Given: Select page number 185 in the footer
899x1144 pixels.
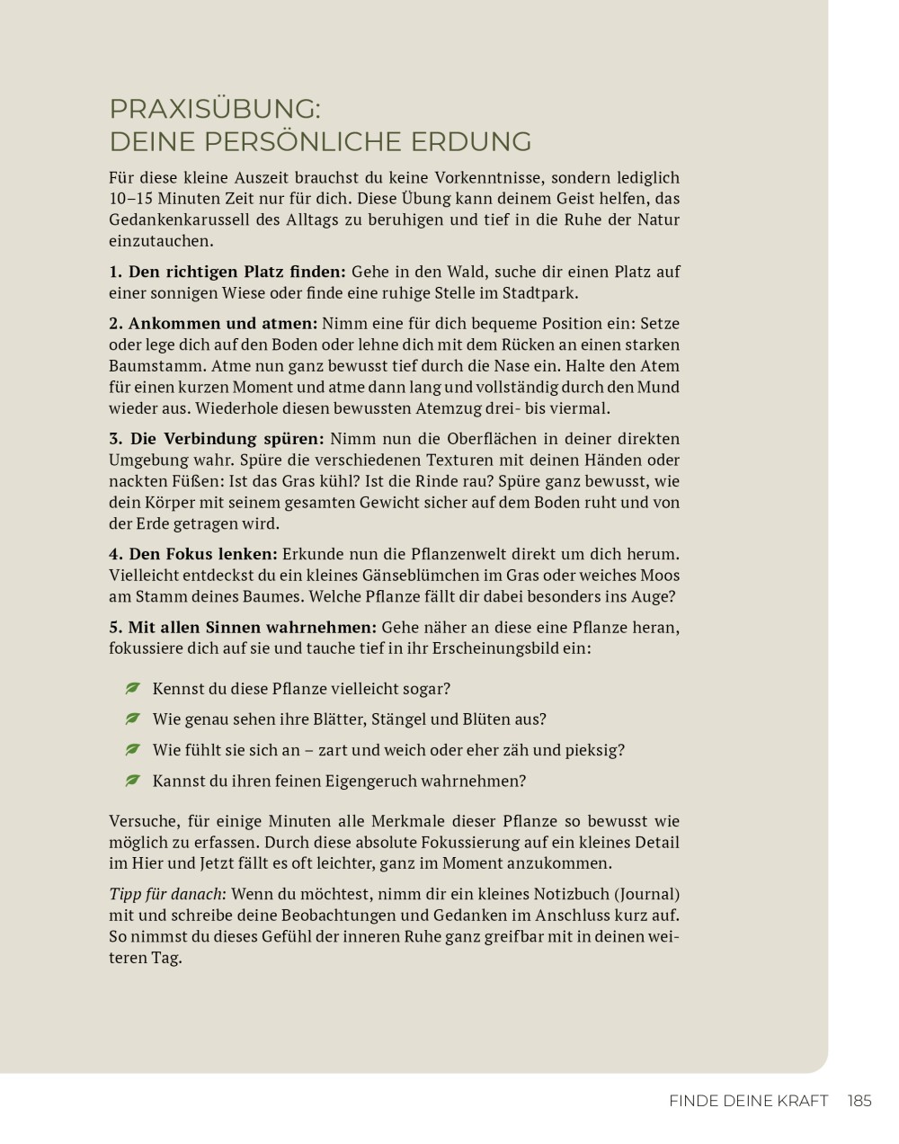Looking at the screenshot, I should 859,1101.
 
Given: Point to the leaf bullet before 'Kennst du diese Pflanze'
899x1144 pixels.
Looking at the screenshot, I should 133,688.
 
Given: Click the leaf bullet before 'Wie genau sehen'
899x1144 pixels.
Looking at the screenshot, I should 133,719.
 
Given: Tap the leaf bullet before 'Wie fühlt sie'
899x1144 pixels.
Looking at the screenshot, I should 133,749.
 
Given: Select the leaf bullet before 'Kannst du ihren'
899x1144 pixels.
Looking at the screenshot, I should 133,780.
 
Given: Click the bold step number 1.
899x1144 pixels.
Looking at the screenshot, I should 115,272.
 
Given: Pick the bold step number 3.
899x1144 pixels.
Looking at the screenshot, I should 115,439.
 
